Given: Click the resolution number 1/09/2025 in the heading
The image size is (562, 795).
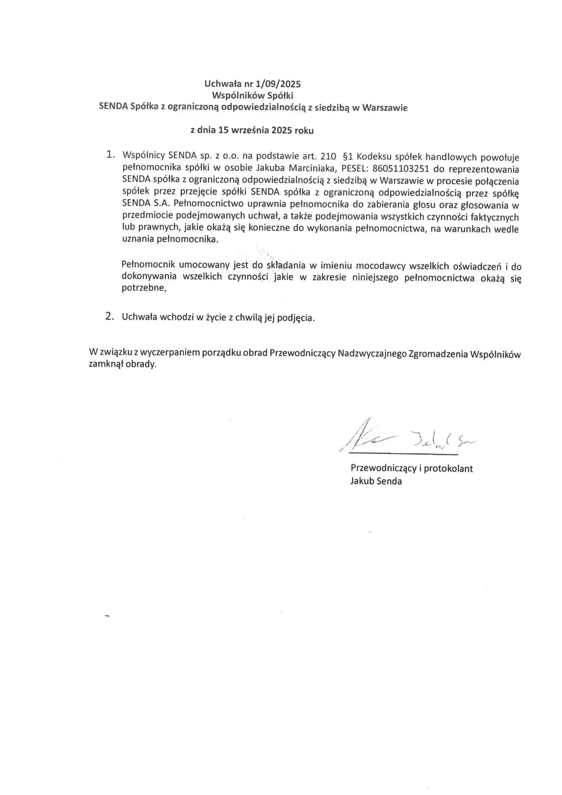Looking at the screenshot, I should pyautogui.click(x=278, y=84).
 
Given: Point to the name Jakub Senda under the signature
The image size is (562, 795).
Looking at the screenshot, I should pyautogui.click(x=376, y=481).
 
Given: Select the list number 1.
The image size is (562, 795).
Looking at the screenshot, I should pyautogui.click(x=110, y=154).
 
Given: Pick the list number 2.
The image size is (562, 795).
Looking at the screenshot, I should pyautogui.click(x=109, y=316).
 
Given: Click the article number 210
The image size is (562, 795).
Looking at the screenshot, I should pyautogui.click(x=328, y=156).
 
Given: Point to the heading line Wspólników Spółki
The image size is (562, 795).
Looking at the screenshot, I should pyautogui.click(x=252, y=95).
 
